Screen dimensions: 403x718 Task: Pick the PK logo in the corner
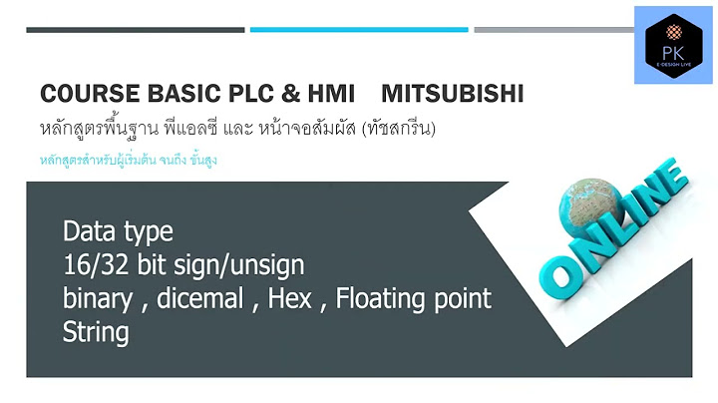tap(672, 44)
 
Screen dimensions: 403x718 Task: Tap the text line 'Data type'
tap(117, 232)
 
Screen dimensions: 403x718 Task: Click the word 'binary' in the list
tap(98, 298)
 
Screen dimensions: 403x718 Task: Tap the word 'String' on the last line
tap(95, 331)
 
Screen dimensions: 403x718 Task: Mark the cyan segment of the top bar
tap(358, 30)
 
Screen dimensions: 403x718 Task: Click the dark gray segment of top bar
tap(135, 30)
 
